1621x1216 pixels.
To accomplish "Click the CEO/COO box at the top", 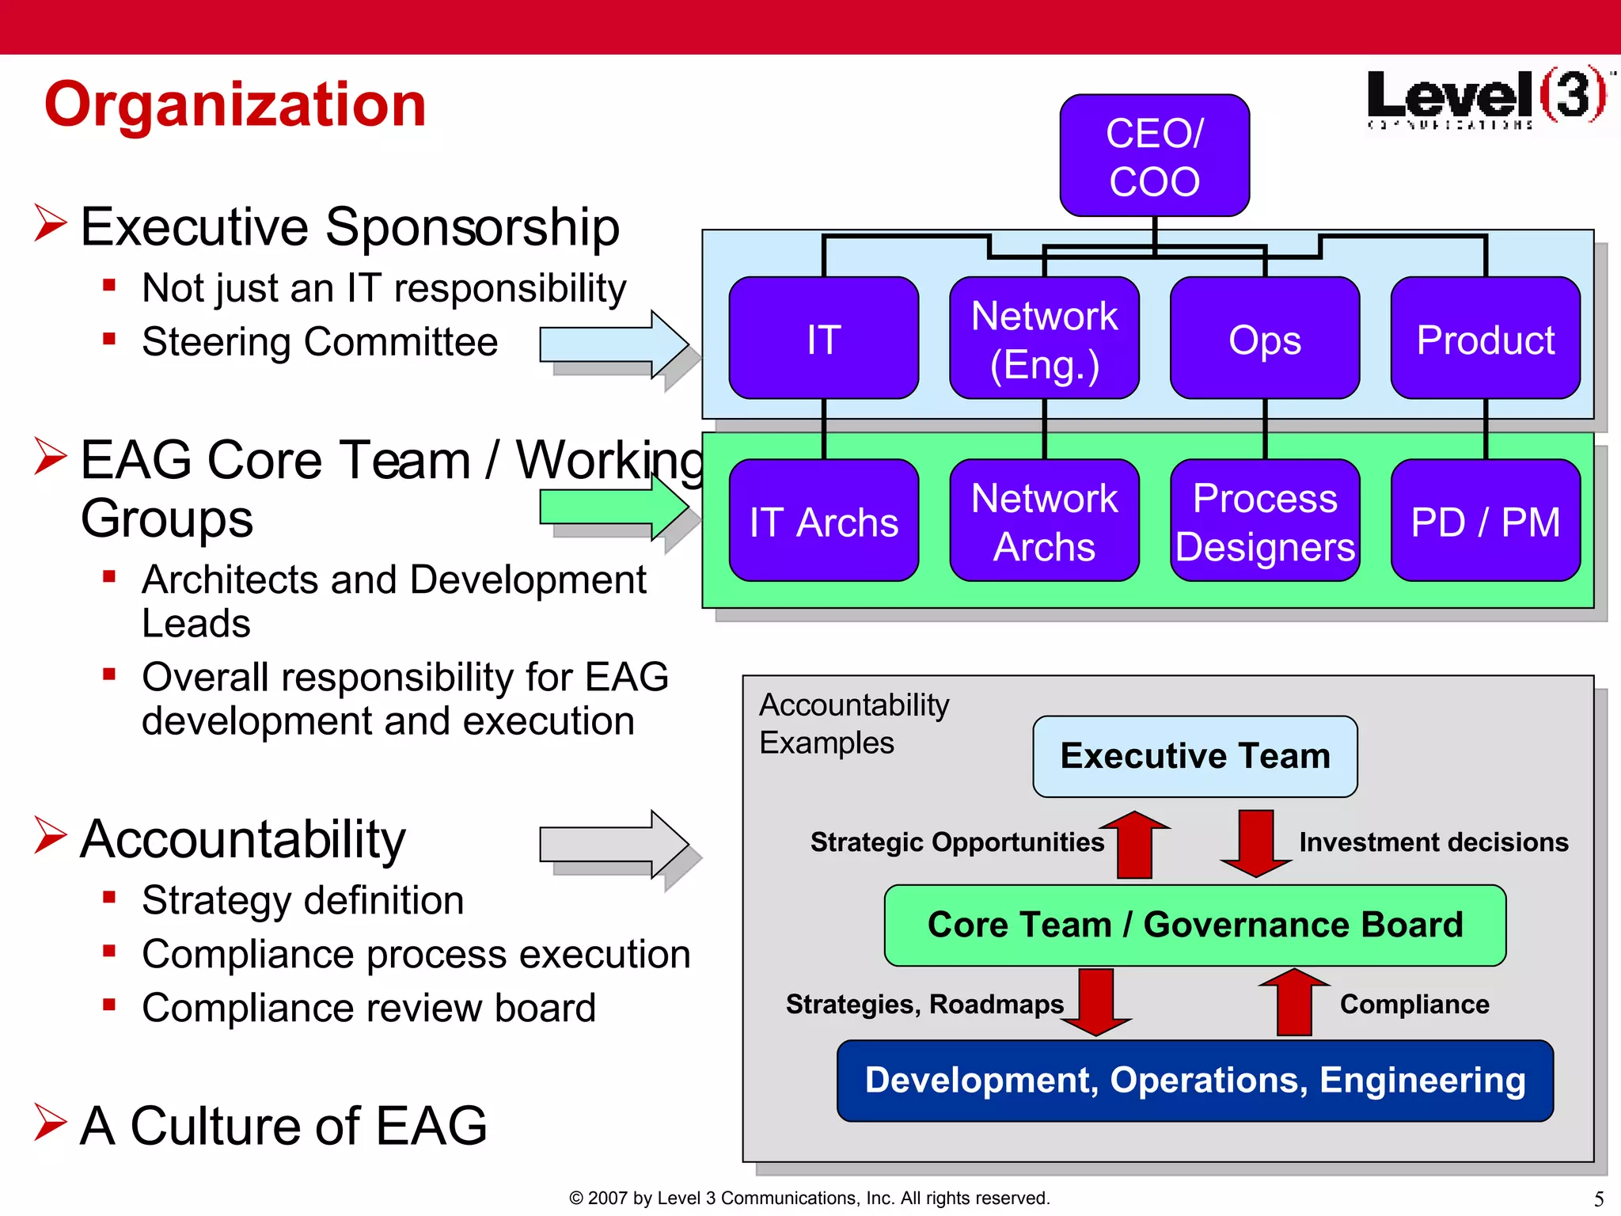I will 1154,156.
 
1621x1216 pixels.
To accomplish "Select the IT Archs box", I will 823,521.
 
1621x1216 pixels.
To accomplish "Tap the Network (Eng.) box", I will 1044,339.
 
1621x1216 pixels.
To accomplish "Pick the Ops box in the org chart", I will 1264,339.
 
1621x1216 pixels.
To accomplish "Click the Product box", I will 1485,339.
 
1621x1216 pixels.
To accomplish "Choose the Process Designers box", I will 1264,521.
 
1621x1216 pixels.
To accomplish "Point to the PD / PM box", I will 1485,521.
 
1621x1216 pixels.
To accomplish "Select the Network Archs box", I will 1044,521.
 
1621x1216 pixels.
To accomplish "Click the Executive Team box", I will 1194,756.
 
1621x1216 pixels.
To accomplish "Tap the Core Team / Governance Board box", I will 1194,925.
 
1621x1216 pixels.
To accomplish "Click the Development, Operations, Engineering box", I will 1194,1081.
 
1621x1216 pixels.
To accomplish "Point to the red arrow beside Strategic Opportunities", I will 1134,844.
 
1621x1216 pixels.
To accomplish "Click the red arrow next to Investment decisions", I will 1256,844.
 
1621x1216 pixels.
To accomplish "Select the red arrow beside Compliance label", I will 1294,1002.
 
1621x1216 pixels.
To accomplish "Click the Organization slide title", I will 235,104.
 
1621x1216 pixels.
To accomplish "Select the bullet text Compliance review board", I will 368,1008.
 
